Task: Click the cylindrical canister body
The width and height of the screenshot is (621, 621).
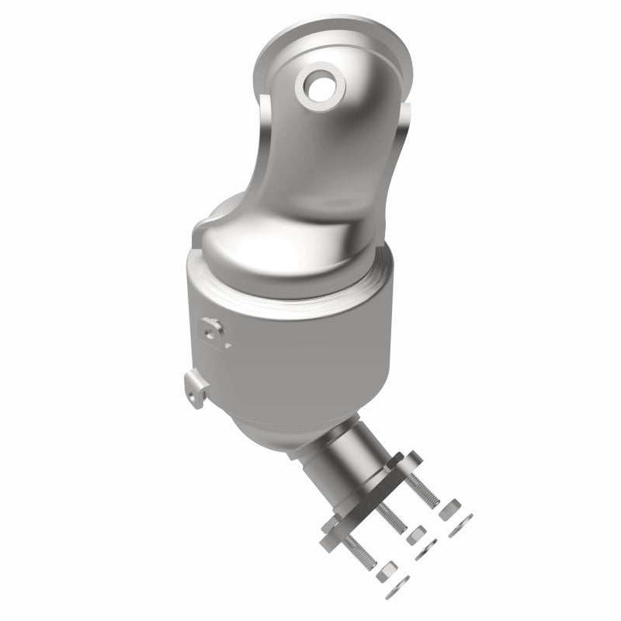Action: pos(295,349)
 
